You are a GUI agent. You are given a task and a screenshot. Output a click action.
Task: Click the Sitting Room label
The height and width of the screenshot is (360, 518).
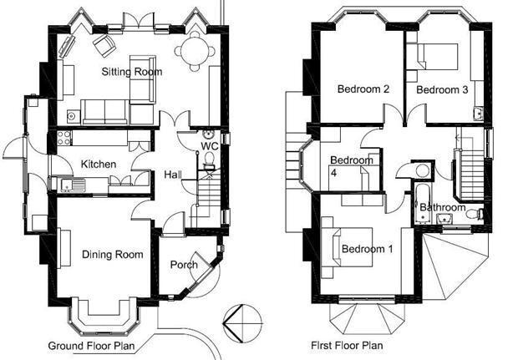132,72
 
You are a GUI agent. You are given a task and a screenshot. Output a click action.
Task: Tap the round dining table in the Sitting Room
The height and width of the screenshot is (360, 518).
195,51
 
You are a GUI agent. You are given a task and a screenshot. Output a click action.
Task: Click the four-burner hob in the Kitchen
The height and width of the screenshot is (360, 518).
64,138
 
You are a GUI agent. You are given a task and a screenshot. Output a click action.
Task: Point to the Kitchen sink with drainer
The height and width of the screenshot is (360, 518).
73,185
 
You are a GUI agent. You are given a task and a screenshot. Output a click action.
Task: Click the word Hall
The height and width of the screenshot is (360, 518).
173,175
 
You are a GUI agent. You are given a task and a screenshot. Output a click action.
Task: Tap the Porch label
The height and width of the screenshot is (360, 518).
184,265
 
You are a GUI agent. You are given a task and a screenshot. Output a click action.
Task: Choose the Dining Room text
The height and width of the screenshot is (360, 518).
112,254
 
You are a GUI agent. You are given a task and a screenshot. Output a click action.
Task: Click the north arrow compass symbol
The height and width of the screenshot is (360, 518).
242,323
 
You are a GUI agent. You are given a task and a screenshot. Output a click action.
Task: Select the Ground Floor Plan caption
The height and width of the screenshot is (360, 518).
92,346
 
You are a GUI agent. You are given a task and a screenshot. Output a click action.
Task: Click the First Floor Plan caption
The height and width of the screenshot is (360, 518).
347,346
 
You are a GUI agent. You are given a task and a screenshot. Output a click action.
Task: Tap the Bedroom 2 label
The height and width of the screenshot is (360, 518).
363,89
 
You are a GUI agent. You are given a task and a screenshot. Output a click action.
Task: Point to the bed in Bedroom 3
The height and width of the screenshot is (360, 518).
438,57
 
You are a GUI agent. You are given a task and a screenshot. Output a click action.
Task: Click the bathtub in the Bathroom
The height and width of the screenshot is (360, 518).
423,202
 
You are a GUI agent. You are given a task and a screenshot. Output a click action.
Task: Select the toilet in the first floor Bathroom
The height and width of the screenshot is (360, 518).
475,214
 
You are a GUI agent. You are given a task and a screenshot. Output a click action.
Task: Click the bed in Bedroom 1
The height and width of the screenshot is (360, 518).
353,247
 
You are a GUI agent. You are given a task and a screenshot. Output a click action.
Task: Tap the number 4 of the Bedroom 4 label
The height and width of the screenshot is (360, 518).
333,172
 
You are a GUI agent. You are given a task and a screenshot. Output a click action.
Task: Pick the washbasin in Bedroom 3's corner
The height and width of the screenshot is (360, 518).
478,114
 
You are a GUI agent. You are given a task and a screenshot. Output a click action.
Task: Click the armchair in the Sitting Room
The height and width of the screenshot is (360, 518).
104,46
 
